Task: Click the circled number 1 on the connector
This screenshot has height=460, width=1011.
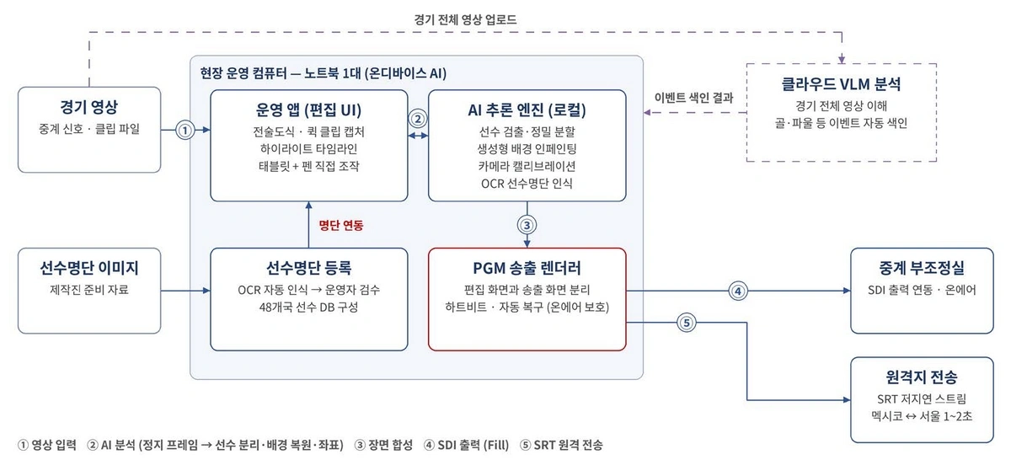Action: [185, 131]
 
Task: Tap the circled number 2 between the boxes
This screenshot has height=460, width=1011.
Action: [418, 119]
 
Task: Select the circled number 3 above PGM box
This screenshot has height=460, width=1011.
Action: [527, 225]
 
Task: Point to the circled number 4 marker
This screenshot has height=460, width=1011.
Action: [738, 292]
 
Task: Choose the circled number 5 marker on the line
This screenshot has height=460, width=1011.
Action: [687, 323]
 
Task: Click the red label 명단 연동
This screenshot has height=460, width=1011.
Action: [340, 225]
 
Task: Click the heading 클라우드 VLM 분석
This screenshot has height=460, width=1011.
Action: [841, 84]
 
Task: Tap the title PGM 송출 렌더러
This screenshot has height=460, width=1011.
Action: [527, 268]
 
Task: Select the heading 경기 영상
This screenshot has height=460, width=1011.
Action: [89, 107]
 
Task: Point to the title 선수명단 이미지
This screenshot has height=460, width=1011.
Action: [89, 268]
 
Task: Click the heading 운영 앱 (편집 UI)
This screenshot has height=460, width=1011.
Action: [308, 110]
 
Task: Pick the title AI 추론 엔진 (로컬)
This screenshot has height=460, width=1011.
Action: [527, 110]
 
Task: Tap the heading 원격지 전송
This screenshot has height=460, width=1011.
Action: [921, 377]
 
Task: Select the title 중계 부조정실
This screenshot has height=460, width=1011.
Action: [921, 268]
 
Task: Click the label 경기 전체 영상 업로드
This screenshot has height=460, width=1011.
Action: [465, 20]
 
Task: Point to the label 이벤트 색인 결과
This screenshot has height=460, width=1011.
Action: [693, 98]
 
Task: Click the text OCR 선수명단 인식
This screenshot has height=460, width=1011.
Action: [527, 184]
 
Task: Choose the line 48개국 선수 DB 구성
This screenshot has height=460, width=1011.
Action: [308, 308]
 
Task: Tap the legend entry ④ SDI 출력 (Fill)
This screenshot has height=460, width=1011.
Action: [466, 445]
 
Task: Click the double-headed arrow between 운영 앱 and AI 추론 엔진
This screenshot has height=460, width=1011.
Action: [418, 136]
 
